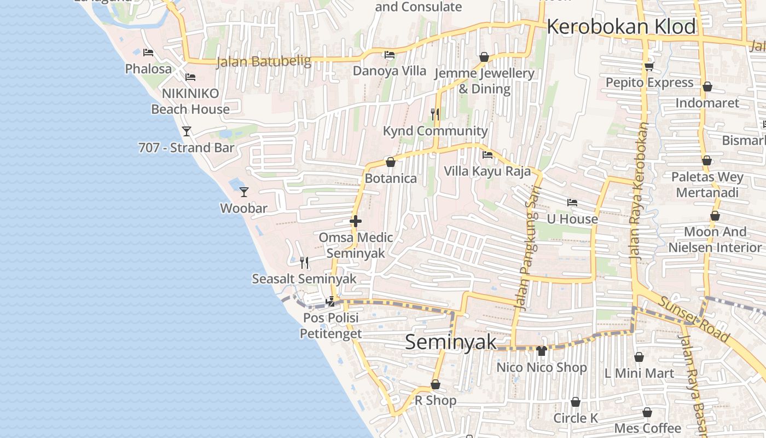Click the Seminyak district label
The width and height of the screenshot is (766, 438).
coord(451,342)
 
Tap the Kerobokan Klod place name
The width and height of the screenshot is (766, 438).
coord(621,27)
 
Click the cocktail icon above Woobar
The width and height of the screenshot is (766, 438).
coord(244,192)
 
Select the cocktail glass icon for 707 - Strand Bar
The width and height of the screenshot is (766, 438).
coord(187,131)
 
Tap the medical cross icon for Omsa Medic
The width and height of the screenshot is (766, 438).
coord(356,221)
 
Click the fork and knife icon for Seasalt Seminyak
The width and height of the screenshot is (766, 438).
coord(304,263)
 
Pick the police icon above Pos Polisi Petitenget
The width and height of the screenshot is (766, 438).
coord(330,301)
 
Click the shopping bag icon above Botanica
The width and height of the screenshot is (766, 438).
coord(391,162)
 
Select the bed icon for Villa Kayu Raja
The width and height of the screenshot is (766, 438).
coord(487,155)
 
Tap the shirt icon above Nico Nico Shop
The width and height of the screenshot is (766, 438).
coord(542,351)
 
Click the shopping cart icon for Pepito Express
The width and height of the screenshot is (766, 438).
coord(649,66)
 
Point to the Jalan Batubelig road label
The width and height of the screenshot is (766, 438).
coord(264,61)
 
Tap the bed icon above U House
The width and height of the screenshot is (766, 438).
coord(572,203)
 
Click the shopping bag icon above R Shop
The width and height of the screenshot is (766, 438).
coord(436,384)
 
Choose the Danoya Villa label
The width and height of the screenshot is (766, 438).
coord(389,71)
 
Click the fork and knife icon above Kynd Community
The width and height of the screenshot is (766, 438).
coord(435,114)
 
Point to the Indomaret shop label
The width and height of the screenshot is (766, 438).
coord(707,103)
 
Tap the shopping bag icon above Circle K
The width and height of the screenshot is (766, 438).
coord(576,402)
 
